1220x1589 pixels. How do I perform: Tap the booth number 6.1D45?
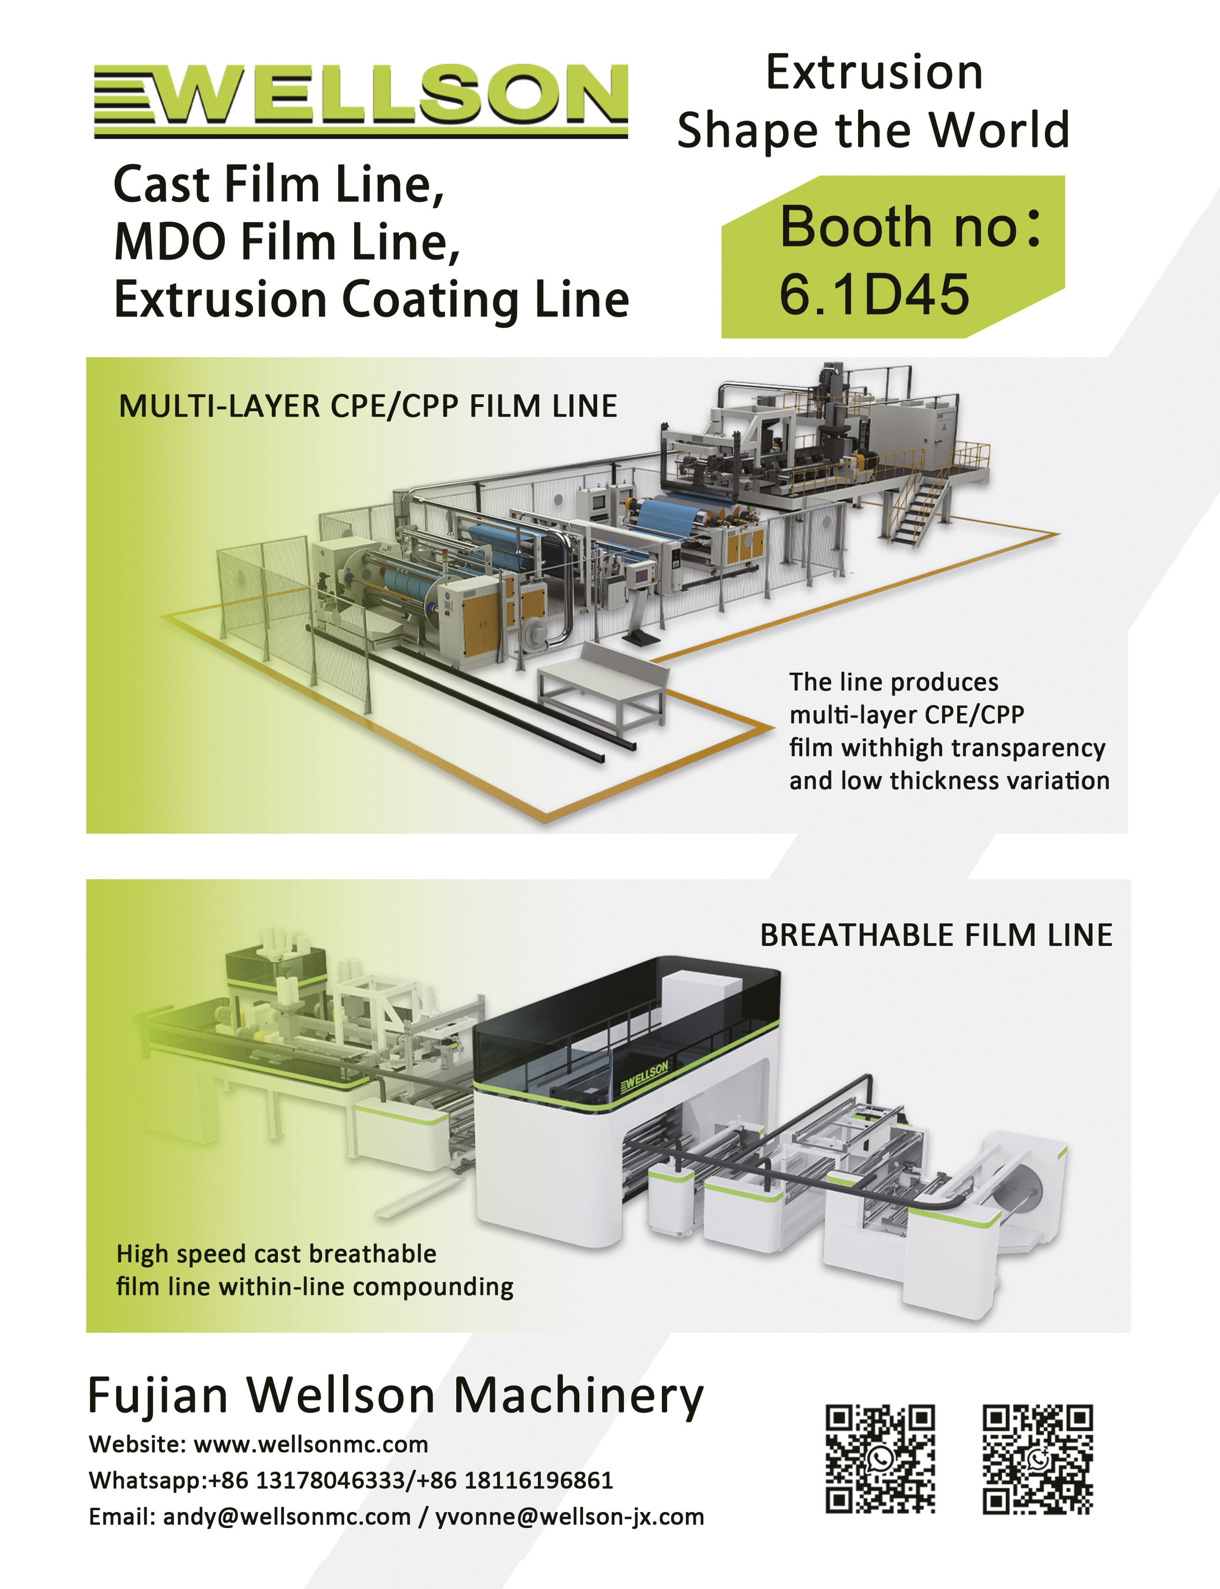(x=873, y=295)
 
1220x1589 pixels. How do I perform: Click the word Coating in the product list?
(x=430, y=300)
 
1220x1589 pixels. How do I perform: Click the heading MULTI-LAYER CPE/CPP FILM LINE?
(x=367, y=406)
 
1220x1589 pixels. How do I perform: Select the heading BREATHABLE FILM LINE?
(x=936, y=935)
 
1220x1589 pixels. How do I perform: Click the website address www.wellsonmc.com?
(x=311, y=1444)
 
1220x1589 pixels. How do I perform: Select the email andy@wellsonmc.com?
(x=287, y=1516)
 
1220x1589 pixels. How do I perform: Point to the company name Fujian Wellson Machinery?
(x=396, y=1394)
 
